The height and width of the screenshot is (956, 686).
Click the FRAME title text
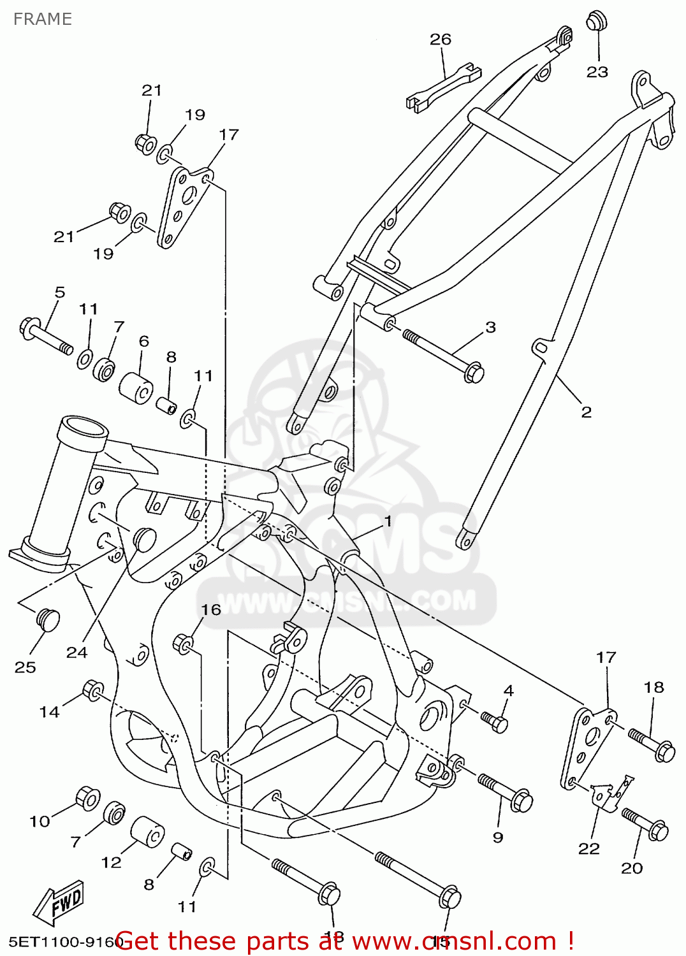(42, 19)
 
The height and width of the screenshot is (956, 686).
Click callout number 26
(441, 40)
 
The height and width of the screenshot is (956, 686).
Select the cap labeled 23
(596, 20)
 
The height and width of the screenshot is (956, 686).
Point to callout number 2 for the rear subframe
(587, 412)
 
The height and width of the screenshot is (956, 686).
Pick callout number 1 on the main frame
(388, 521)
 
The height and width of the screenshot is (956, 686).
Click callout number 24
(77, 652)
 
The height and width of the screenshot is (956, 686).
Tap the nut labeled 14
(93, 690)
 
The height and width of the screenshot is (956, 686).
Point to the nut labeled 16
(184, 643)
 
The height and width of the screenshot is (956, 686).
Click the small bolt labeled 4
(495, 721)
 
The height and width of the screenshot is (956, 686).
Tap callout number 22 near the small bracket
(588, 848)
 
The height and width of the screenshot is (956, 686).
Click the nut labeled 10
(87, 798)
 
